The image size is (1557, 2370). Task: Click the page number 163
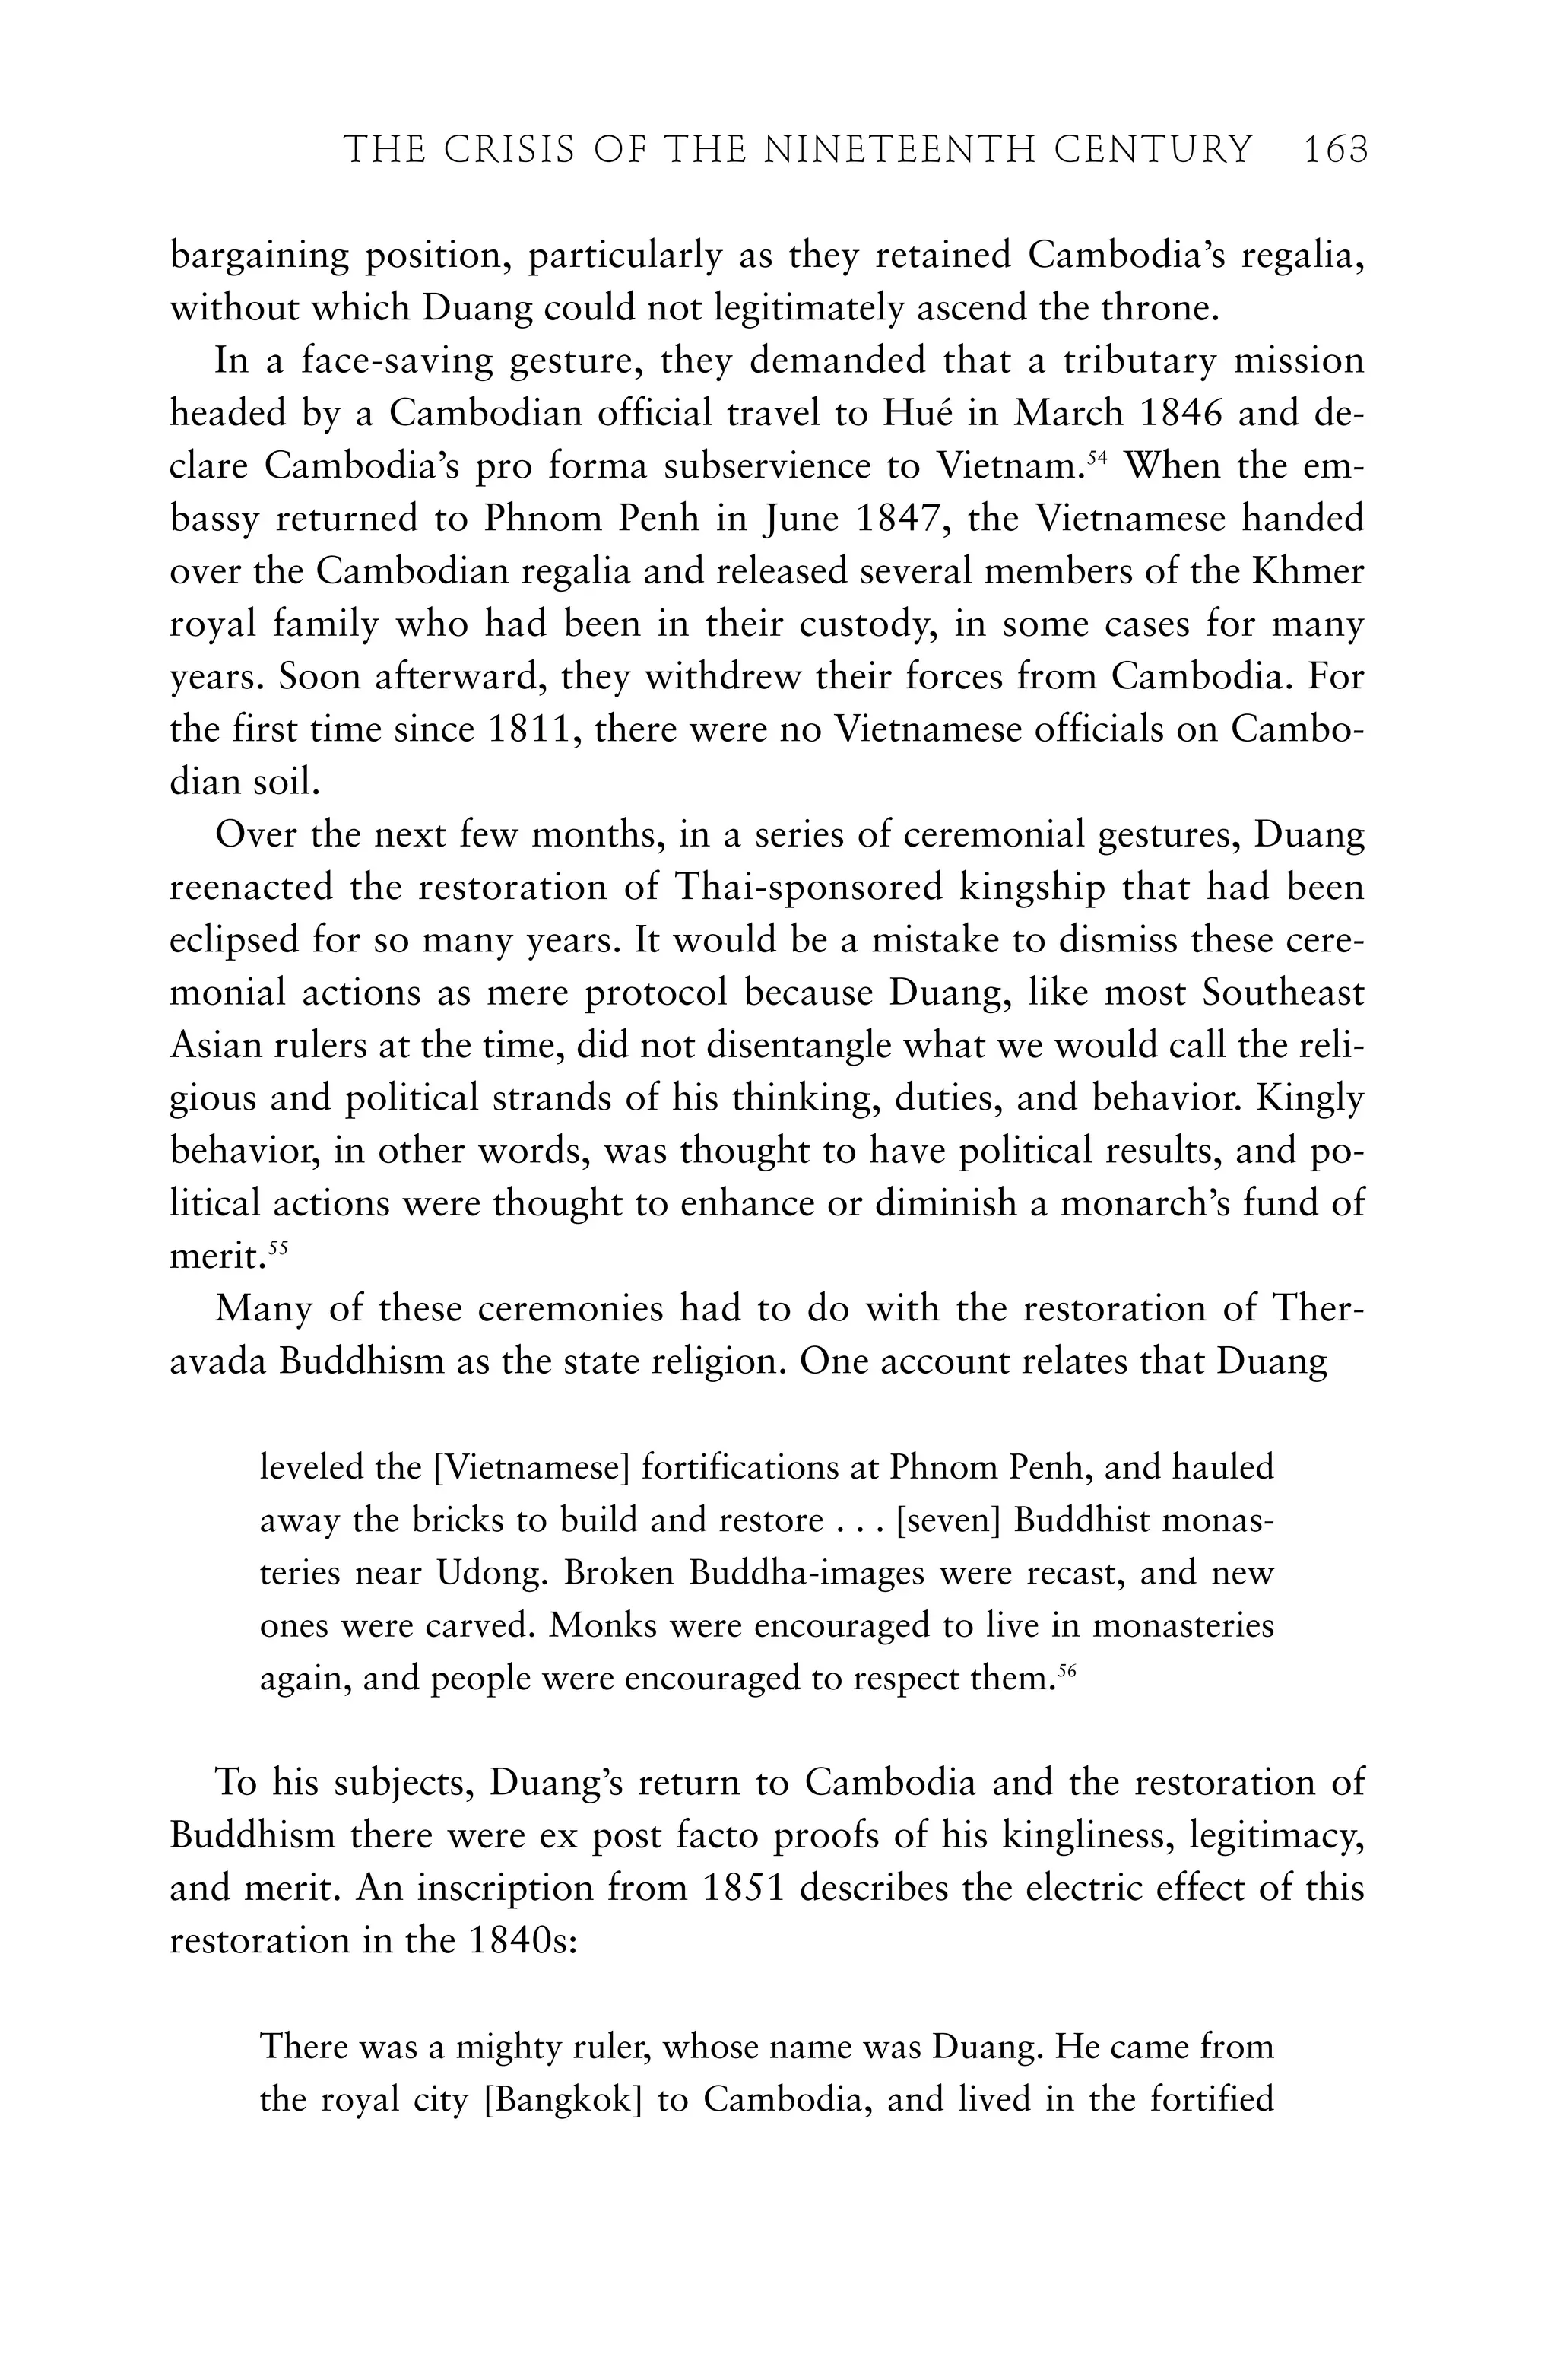click(1335, 151)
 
